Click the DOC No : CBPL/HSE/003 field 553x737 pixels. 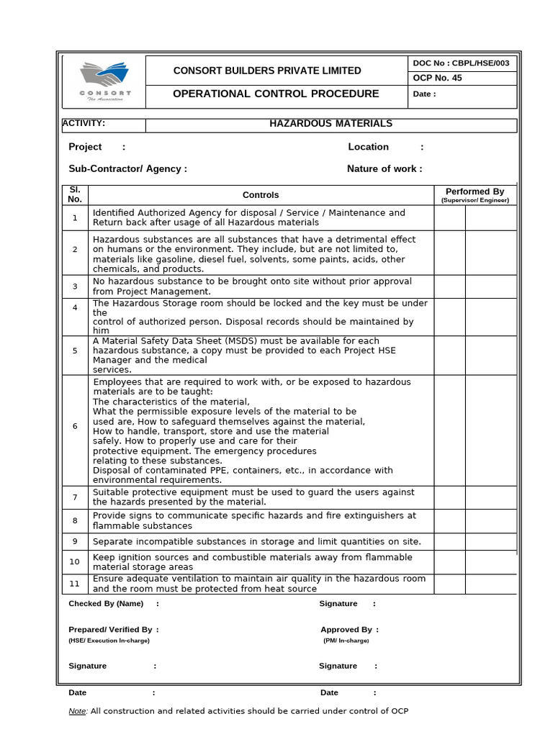coord(461,63)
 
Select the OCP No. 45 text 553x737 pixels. coord(438,78)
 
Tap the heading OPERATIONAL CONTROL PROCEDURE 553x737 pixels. coord(276,94)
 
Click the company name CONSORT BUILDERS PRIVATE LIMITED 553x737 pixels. coord(267,71)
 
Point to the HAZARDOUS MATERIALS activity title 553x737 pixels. coord(331,124)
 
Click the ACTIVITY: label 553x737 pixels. coord(84,124)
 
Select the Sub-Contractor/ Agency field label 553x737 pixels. coord(127,169)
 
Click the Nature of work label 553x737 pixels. coord(384,169)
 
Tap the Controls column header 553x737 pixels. coord(261,195)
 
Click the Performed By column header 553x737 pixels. coord(475,192)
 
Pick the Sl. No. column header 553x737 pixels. coord(75,194)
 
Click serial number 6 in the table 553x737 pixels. coord(75,426)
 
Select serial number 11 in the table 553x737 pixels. coord(75,583)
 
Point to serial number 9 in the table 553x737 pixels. coord(75,542)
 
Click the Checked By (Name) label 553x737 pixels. coord(106,604)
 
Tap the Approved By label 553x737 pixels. coord(346,630)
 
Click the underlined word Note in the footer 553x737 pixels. coord(77,712)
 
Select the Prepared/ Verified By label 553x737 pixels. coord(110,630)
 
